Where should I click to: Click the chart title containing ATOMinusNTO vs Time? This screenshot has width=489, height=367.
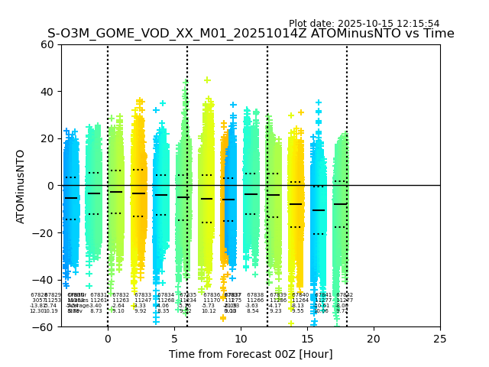click(251, 34)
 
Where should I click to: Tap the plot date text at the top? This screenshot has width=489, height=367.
click(364, 24)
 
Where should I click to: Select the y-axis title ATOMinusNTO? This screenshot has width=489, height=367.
click(21, 186)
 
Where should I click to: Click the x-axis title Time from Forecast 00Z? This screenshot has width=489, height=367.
click(251, 354)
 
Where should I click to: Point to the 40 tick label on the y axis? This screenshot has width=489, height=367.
click(47, 92)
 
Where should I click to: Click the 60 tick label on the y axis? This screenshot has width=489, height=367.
click(47, 44)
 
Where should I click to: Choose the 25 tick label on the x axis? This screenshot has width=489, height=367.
click(440, 338)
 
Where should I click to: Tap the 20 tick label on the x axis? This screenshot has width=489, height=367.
click(374, 338)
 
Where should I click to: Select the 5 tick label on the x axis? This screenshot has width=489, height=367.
click(174, 338)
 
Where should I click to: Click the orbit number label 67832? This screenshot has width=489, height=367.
click(121, 295)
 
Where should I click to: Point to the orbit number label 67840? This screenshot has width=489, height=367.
click(300, 295)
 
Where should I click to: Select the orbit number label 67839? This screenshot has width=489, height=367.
click(278, 295)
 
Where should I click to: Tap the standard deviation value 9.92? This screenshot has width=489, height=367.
click(141, 311)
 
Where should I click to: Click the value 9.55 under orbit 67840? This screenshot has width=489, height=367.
click(298, 311)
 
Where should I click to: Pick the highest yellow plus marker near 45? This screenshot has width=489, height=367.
click(207, 80)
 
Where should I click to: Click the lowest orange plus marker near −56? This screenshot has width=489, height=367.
click(223, 317)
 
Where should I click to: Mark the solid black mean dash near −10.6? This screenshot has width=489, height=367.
click(319, 210)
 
